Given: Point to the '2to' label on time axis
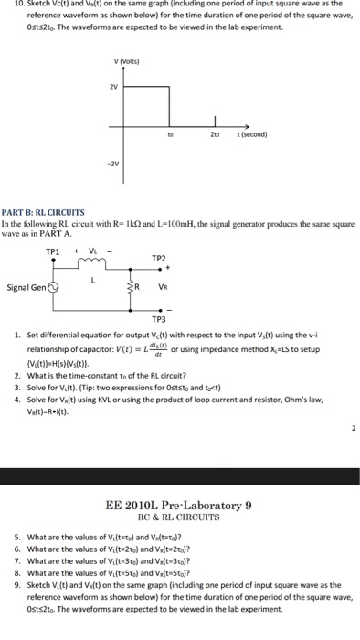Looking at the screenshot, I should (216, 133).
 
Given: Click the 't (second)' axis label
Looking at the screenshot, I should (250, 133).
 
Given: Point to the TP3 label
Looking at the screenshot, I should (159, 319).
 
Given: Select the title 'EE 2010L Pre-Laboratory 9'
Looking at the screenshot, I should (179, 504).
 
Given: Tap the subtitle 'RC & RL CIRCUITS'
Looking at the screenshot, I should (179, 517).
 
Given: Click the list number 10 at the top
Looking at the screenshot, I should (7, 5).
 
